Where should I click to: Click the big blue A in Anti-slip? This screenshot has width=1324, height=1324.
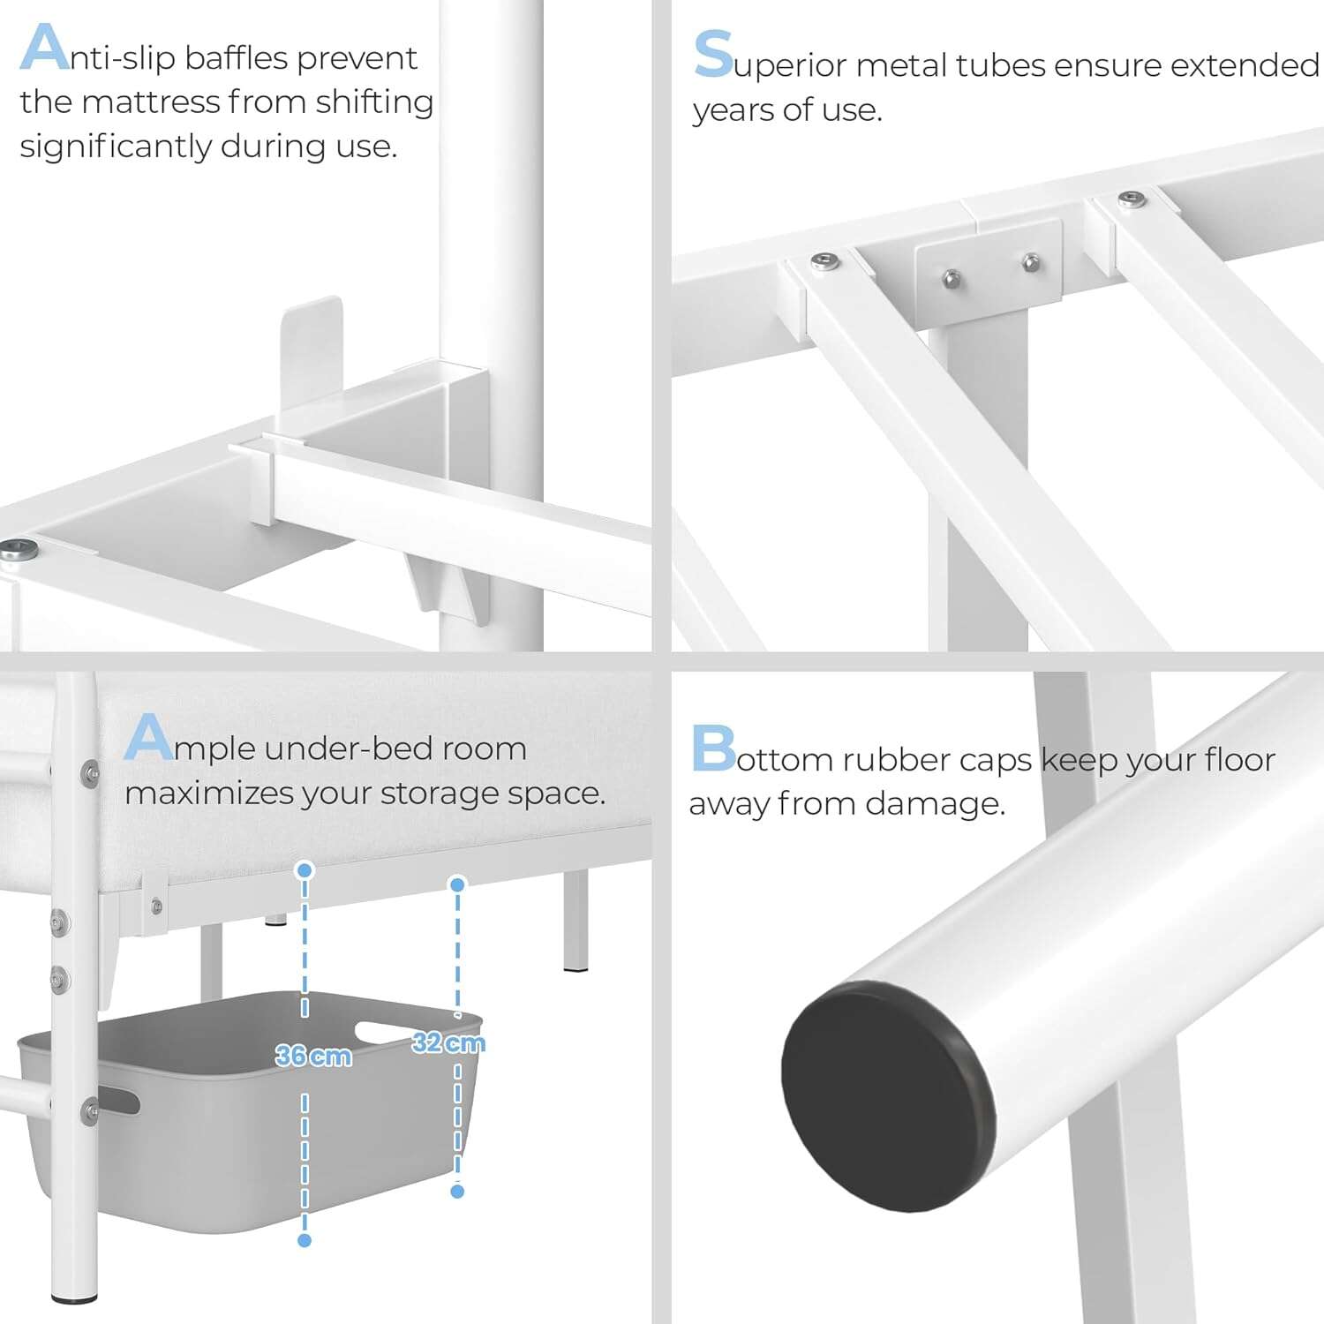click(x=44, y=48)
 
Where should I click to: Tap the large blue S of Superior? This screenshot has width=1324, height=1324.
click(x=713, y=55)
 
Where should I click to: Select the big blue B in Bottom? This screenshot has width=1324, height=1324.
click(x=713, y=749)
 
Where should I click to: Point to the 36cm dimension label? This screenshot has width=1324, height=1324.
click(x=313, y=1056)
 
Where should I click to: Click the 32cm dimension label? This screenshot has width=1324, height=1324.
click(x=448, y=1043)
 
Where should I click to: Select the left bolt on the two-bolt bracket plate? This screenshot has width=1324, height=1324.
click(x=952, y=280)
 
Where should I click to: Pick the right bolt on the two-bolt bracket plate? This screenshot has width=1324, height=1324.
click(x=1030, y=262)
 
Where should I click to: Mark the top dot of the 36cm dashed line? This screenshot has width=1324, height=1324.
click(x=305, y=871)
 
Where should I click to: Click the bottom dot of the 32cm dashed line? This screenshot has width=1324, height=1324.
click(x=457, y=1192)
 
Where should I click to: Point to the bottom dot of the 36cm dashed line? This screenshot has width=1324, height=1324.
click(x=305, y=1240)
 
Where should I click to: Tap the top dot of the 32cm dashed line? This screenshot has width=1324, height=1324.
click(x=457, y=884)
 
